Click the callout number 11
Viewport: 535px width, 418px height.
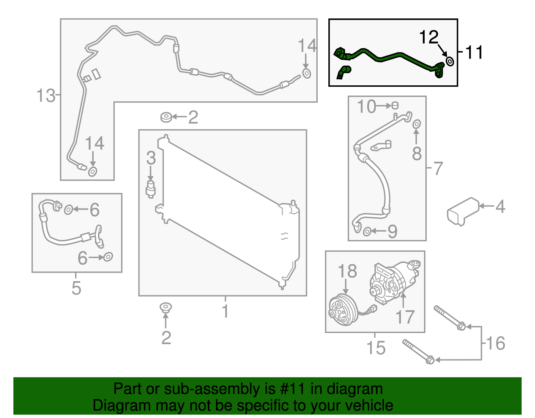coord(474,52)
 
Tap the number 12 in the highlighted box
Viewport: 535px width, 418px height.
coord(429,37)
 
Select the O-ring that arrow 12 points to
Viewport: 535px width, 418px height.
coord(450,61)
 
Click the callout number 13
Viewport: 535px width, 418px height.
coord(46,95)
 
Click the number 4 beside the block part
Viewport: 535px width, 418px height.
coord(500,206)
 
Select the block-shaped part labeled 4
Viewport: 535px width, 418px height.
coord(463,212)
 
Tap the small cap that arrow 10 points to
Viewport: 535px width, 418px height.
coord(395,105)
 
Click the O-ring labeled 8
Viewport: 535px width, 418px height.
coord(417,124)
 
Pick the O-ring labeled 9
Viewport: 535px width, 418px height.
coord(367,232)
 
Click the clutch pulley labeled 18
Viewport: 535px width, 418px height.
coord(343,310)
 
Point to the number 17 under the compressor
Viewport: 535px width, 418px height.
coord(405,317)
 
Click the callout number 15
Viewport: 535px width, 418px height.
coord(376,348)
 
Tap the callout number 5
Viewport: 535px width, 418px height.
coord(76,288)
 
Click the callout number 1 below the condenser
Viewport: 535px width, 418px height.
coord(225,311)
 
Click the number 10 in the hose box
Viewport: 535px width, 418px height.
coord(366,106)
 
